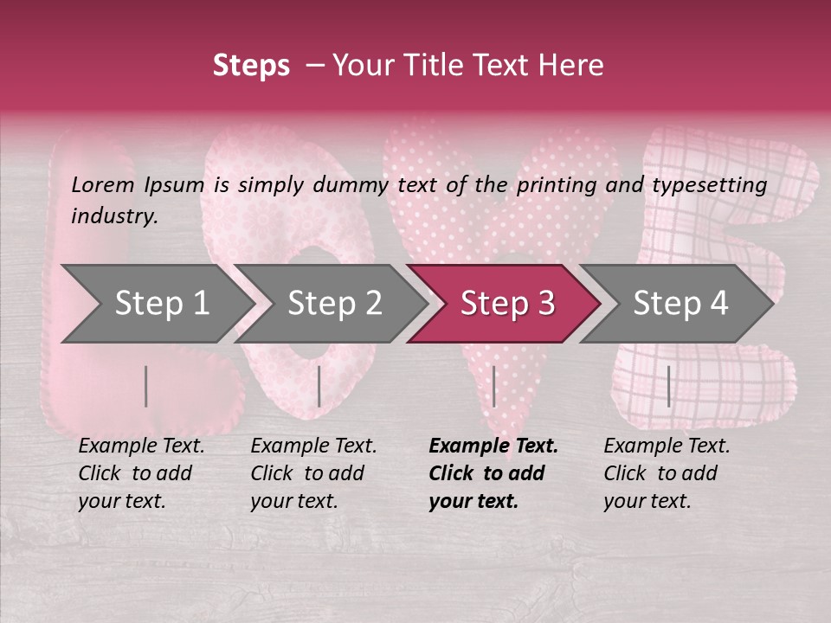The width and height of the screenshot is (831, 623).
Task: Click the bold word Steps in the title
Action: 251,65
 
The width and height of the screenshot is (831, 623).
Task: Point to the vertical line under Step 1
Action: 146,386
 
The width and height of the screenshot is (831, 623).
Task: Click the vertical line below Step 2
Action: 319,386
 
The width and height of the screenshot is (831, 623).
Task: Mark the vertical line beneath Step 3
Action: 493,386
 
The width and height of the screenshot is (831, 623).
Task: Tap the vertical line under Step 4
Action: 668,386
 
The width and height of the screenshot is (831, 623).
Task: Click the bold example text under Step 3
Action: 493,473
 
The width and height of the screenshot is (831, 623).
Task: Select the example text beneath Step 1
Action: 141,473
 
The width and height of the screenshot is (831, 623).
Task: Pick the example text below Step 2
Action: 313,473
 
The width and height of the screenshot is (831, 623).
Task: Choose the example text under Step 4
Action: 667,473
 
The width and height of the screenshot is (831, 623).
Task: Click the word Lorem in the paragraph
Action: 103,184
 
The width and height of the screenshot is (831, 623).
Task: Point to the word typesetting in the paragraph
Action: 709,184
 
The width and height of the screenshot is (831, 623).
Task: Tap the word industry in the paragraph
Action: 114,215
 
